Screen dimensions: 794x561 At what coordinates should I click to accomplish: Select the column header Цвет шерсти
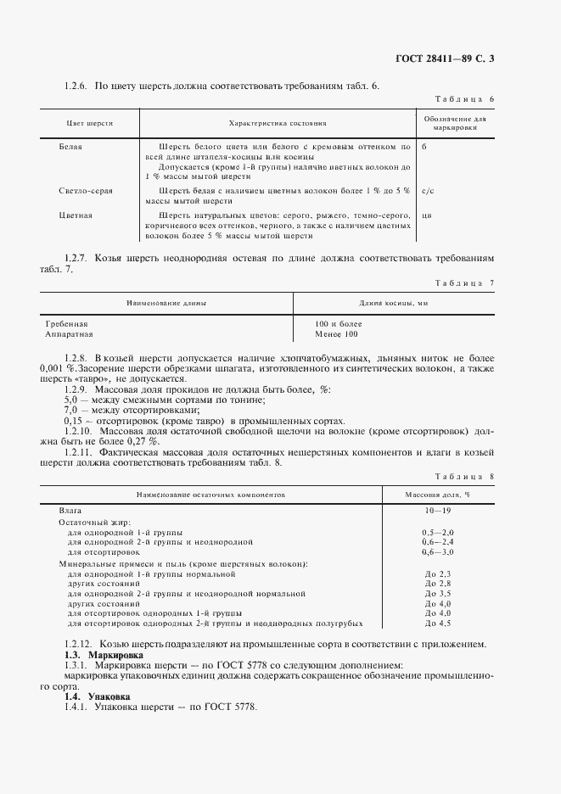(x=90, y=123)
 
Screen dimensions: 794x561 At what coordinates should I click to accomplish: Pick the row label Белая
(x=70, y=146)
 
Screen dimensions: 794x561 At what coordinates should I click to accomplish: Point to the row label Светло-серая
(x=86, y=191)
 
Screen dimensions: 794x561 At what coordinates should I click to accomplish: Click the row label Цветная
(x=76, y=215)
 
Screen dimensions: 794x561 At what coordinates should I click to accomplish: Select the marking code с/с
(x=428, y=191)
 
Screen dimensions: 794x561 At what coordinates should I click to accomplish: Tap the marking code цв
(x=426, y=215)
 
